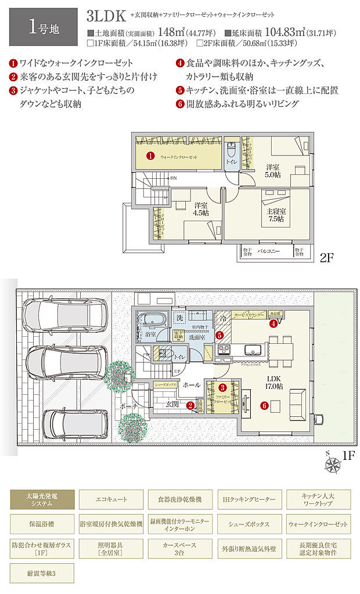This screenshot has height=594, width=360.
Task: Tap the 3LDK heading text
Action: pyautogui.click(x=106, y=16)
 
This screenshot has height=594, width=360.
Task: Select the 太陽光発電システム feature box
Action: pyautogui.click(x=42, y=498)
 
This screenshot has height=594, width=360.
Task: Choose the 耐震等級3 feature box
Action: pyautogui.click(x=42, y=573)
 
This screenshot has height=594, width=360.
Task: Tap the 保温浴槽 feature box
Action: pyautogui.click(x=42, y=523)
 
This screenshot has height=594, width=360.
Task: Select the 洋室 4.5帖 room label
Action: pyautogui.click(x=201, y=208)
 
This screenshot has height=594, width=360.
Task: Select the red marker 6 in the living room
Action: pyautogui.click(x=264, y=406)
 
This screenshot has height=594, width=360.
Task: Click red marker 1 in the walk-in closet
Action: pyautogui.click(x=150, y=156)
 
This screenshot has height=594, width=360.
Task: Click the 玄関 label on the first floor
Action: pyautogui.click(x=172, y=402)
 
